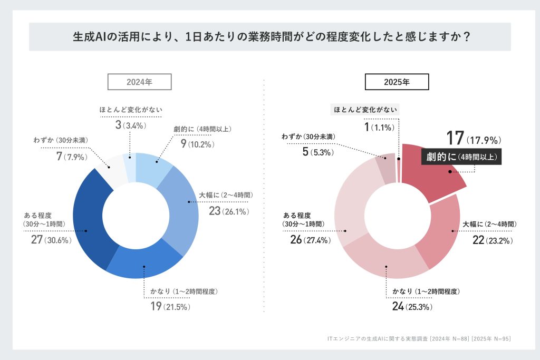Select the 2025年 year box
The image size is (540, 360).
click(397, 82)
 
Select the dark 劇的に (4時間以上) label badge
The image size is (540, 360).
click(460, 157)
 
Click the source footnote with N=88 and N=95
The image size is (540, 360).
click(419, 338)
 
